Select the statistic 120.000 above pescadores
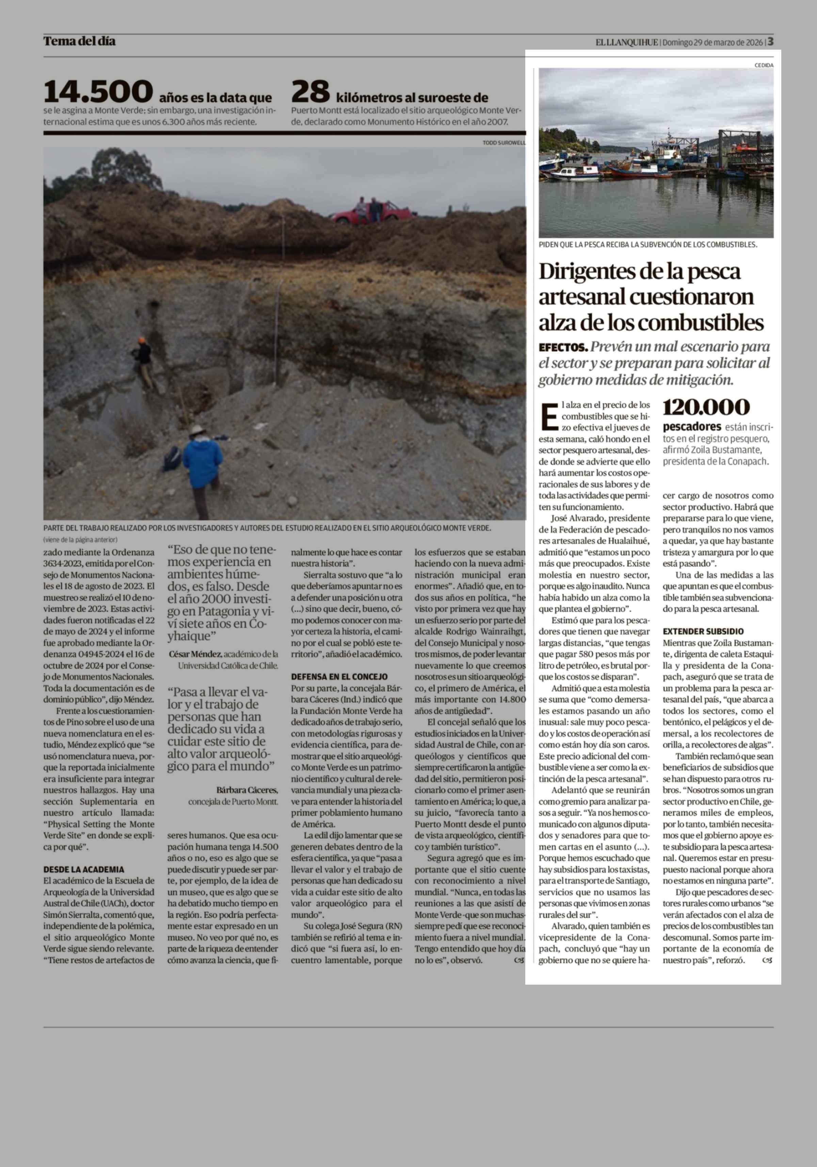[x=706, y=407]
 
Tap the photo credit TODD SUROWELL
[x=504, y=143]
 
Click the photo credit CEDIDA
[x=764, y=65]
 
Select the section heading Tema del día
[x=79, y=41]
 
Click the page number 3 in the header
[x=770, y=41]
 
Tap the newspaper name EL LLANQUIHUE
[x=627, y=42]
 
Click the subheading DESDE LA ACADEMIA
[x=83, y=869]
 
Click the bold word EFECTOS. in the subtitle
[x=563, y=348]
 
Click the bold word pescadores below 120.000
[x=692, y=426]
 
